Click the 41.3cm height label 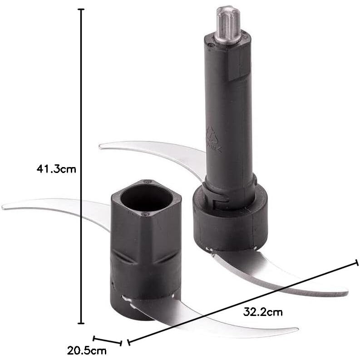[x=56, y=169]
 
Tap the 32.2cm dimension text [x=263, y=312]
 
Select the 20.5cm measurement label [x=87, y=351]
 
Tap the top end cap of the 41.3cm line [x=81, y=10]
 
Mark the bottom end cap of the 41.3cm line [x=81, y=323]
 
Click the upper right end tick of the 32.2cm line [x=357, y=262]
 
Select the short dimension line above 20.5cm [x=107, y=341]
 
